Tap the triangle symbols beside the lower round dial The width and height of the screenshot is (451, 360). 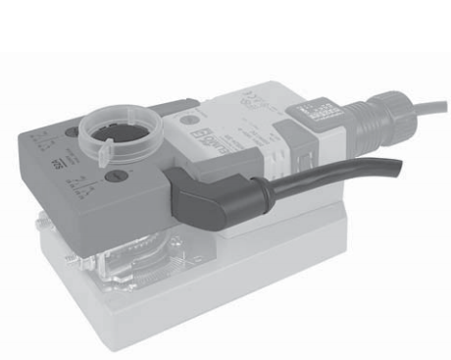coord(91,184)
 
